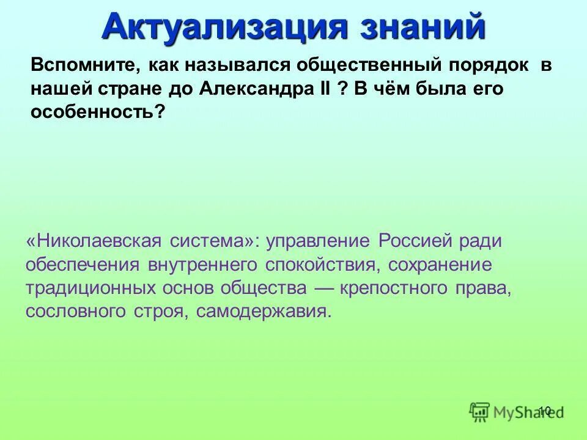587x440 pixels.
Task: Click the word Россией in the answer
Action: point(415,240)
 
